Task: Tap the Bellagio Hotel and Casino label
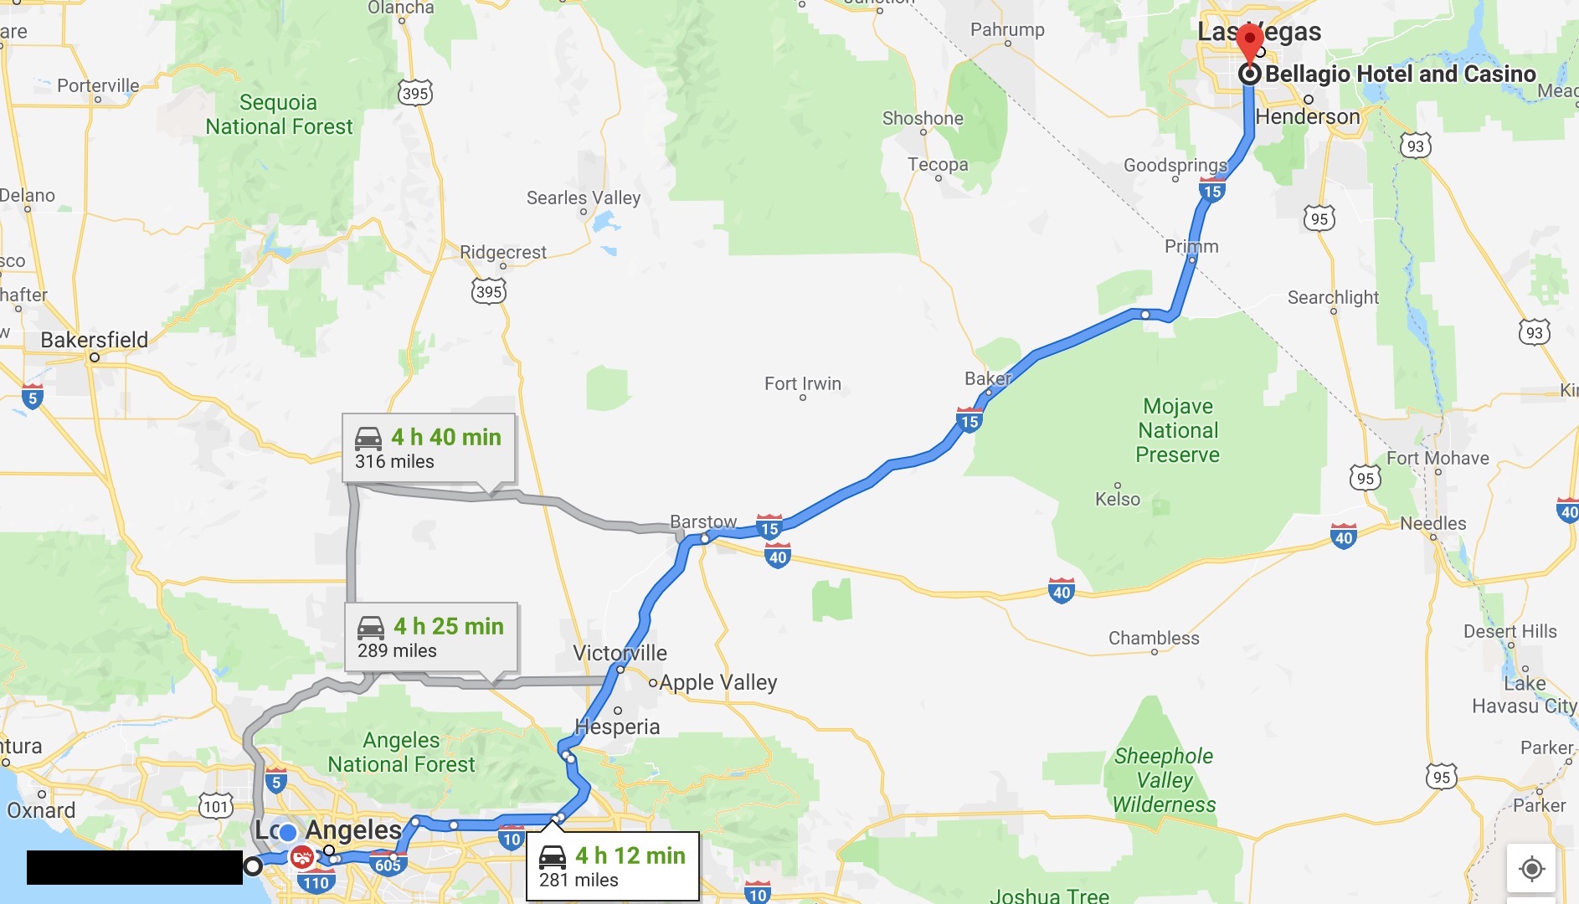pos(1400,74)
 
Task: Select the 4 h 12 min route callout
pos(612,866)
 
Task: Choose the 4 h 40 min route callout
pos(429,448)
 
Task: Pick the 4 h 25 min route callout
pos(431,637)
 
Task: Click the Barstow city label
pos(703,521)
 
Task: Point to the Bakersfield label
pos(95,340)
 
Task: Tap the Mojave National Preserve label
pos(1178,430)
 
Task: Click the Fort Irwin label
pos(802,383)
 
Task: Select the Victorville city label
pos(620,653)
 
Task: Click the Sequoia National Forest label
pos(279,115)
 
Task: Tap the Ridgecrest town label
pos(502,252)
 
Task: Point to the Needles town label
pos(1432,523)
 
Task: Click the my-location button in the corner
pos(1531,869)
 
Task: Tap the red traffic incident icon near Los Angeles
pos(301,857)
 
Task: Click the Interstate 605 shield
pos(388,865)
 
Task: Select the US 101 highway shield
pos(215,806)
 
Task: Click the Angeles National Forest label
pos(401,752)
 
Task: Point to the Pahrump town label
pos(1007,30)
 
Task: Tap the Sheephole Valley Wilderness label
pos(1164,780)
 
